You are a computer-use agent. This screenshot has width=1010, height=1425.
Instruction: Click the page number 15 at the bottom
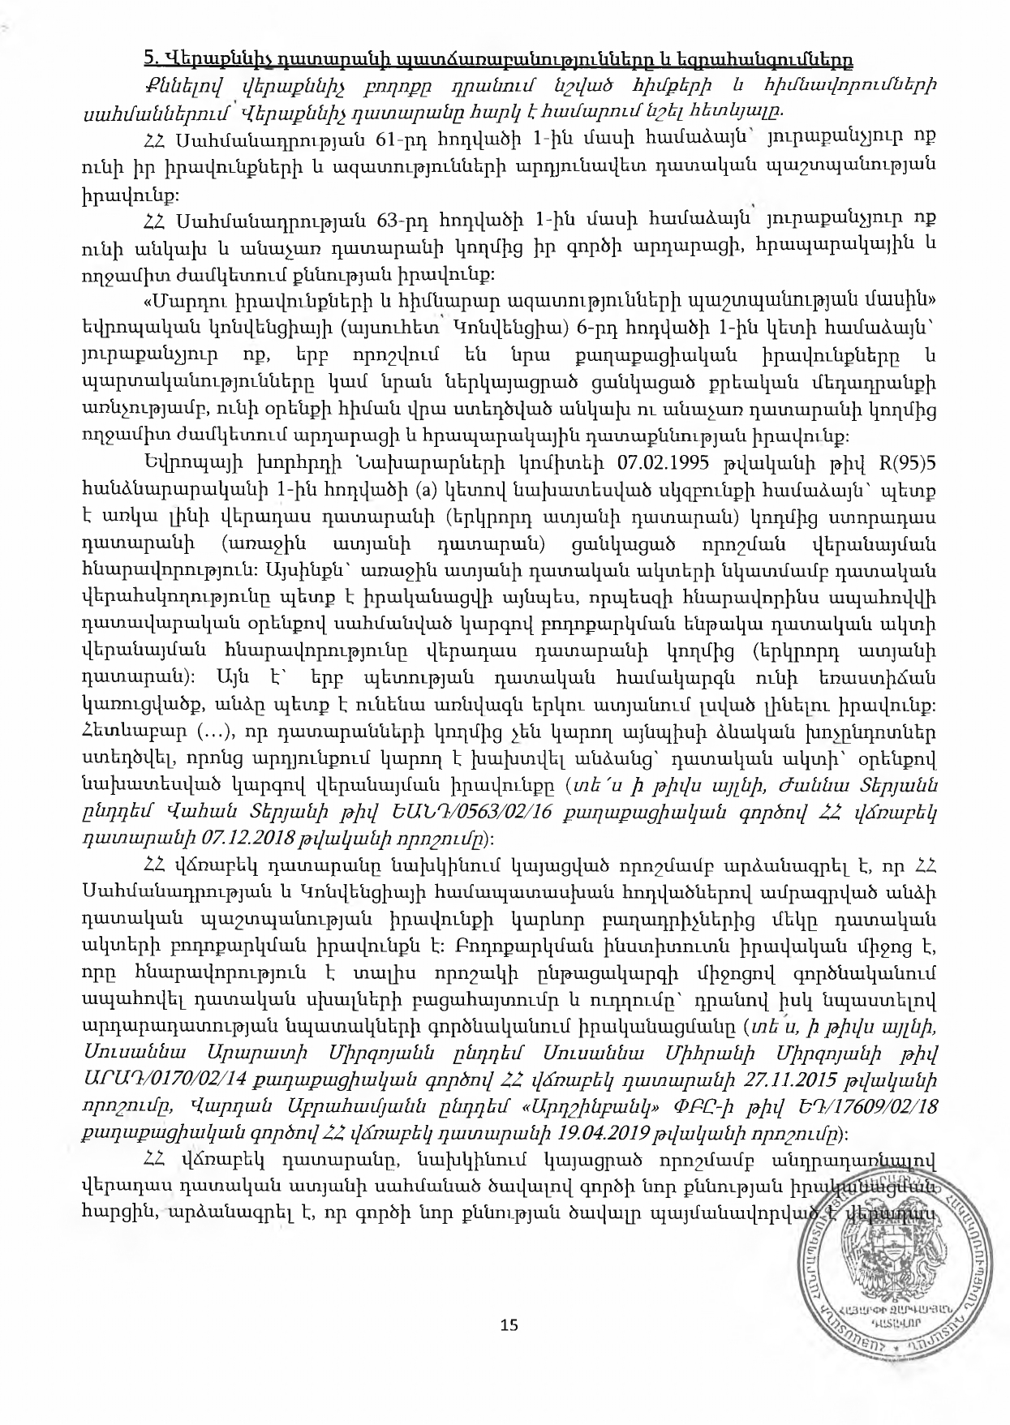[x=509, y=1324]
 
